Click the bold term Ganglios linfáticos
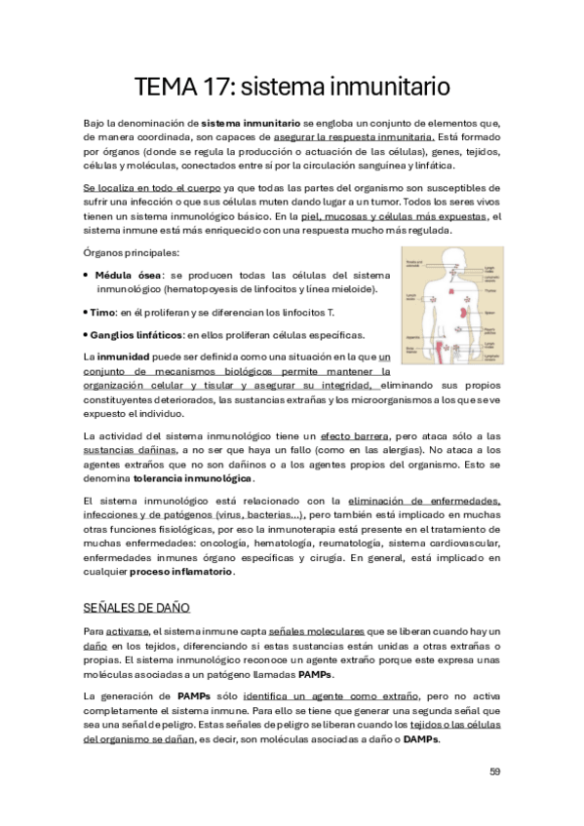136,334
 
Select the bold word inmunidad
125,357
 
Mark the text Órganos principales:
125,253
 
